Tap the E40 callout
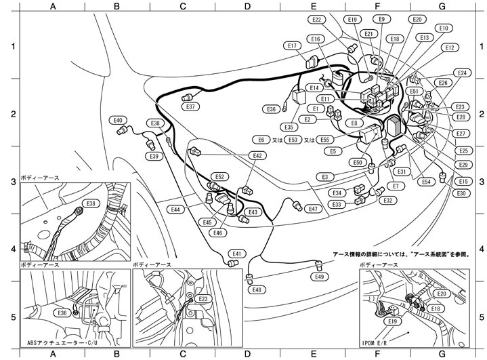[118, 120]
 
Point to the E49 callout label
[320, 277]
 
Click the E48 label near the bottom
[257, 289]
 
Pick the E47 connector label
[313, 209]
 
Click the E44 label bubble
[175, 209]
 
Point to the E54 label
[425, 182]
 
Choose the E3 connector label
[324, 176]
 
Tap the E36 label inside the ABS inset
[62, 313]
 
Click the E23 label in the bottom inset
[203, 299]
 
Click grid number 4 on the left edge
[11, 249]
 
